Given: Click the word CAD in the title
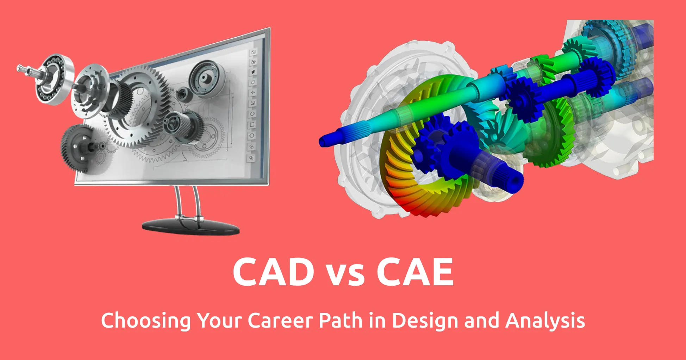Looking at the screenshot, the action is click(x=274, y=272).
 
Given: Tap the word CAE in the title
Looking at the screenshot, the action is click(x=415, y=272).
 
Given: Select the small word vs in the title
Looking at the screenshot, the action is click(x=345, y=275).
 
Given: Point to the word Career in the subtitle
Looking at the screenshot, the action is click(x=280, y=321).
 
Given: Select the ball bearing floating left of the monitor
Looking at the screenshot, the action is click(x=55, y=79).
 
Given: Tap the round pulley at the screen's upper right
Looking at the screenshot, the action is click(x=207, y=78).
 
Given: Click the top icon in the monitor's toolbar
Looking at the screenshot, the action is click(x=253, y=52).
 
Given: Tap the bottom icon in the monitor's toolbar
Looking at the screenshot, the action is click(x=251, y=158).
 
